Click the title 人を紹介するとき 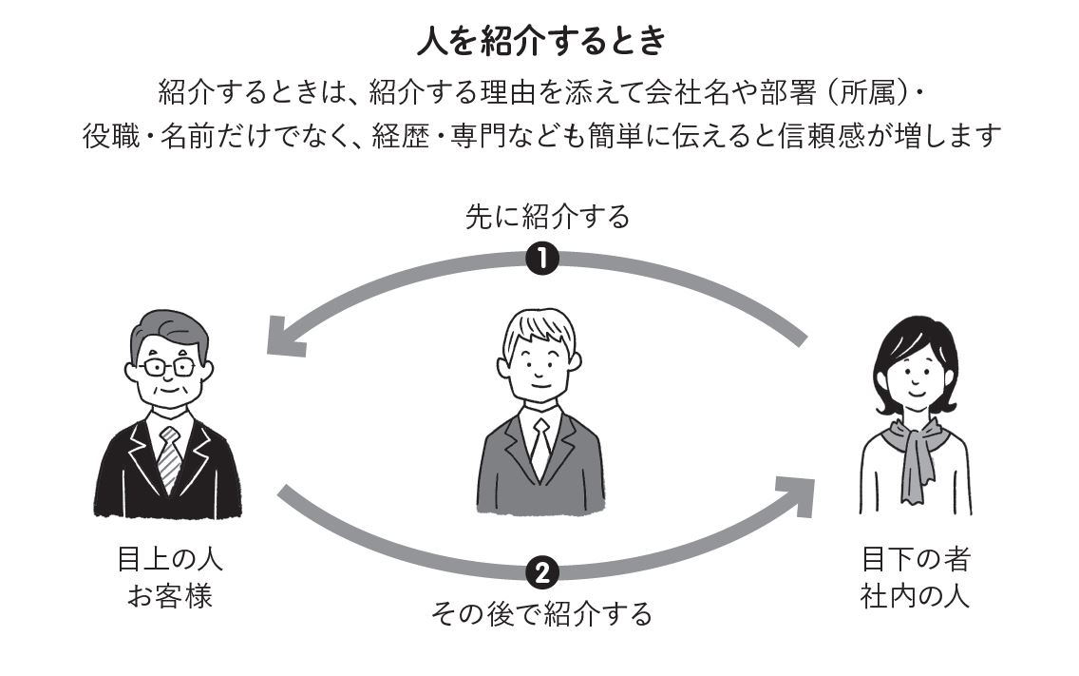[541, 41]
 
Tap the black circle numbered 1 [541, 260]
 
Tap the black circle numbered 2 [541, 572]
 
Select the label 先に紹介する [547, 217]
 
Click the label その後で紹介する [541, 613]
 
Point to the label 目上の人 [170, 559]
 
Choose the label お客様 [170, 596]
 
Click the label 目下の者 [916, 559]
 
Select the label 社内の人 [916, 596]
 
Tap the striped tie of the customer [169, 457]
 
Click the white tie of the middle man [540, 447]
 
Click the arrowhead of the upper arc [283, 337]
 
